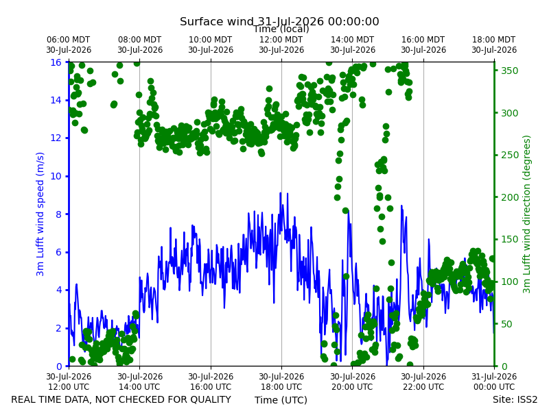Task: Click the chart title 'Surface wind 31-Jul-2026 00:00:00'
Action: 279,21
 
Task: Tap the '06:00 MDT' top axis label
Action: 69,40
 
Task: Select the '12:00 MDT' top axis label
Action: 281,40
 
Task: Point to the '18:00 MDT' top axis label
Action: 493,40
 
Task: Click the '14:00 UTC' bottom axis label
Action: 139,387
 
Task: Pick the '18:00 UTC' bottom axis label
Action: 281,387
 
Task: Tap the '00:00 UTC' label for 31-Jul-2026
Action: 494,387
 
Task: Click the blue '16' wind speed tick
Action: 56,62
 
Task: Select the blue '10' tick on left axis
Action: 56,176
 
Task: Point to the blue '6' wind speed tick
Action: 59,252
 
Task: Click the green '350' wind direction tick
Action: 509,71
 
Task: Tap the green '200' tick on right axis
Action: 509,197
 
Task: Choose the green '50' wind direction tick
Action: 506,324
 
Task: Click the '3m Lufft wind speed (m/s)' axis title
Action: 40,214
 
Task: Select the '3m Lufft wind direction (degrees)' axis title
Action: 526,214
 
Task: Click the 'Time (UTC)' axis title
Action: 281,400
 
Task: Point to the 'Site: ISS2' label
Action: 515,399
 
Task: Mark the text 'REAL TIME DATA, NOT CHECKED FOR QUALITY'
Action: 121,399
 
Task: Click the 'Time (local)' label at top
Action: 281,29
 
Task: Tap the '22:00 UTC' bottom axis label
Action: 423,387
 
